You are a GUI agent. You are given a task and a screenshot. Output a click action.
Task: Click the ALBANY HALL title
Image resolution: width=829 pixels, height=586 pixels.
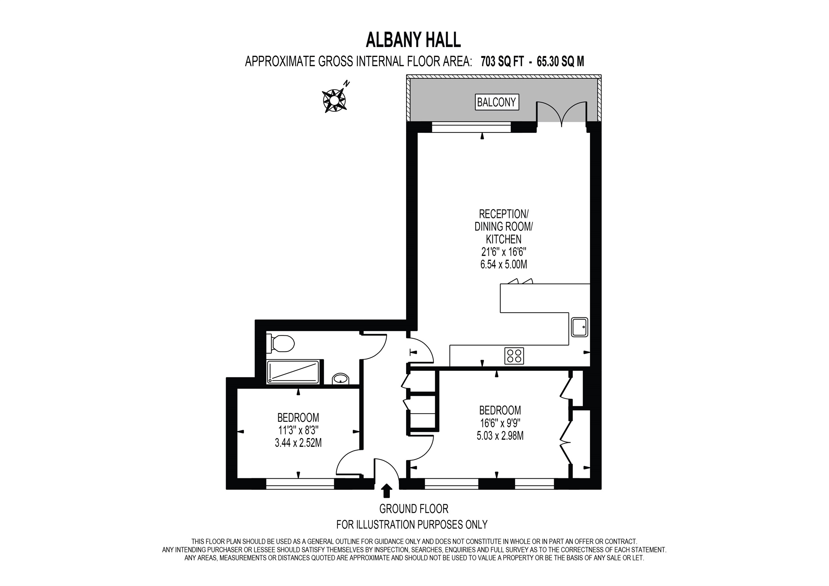pos(413,40)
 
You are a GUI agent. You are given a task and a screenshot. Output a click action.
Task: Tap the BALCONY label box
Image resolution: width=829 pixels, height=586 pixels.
pos(496,102)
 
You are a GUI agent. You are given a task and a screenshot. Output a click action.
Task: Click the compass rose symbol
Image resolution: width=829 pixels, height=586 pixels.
pos(334,99)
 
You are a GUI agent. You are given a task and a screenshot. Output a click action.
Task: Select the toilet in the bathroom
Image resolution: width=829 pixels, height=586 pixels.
pos(281,344)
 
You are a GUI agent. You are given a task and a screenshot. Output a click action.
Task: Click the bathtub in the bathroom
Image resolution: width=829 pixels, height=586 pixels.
pos(293,372)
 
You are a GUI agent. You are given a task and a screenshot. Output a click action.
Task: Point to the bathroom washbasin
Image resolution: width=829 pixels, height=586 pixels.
pos(340,379)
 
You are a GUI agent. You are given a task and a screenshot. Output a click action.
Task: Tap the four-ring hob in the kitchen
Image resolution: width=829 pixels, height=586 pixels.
pos(514,355)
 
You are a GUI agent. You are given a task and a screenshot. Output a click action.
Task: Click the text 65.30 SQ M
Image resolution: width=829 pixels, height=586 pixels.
pos(560,62)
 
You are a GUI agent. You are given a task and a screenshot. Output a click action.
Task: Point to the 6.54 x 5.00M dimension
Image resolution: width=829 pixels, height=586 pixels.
pos(503,265)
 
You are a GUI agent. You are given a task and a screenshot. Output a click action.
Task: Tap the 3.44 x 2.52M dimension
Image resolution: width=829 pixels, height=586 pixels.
pos(298,443)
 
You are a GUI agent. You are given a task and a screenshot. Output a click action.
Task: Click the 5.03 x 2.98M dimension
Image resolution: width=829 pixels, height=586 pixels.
pos(500,435)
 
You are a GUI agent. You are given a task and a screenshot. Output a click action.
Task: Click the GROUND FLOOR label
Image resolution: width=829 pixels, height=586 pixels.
pos(414,509)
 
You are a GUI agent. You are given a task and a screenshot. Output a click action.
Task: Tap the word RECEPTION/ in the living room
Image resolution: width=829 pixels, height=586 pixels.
pos(503,214)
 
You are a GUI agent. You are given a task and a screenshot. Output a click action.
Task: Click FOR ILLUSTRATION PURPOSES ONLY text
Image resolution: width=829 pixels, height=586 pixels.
pos(412,524)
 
